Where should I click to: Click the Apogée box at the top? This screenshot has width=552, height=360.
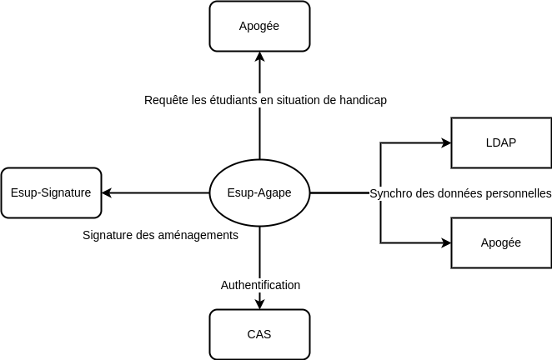[x=259, y=26]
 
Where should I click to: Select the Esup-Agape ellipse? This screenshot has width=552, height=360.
[x=259, y=192]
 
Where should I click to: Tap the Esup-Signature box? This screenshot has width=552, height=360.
[x=51, y=192]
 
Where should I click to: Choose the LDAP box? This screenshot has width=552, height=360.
[x=500, y=142]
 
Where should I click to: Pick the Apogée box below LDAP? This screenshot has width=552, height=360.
[x=500, y=242]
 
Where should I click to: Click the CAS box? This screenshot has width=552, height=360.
[x=259, y=334]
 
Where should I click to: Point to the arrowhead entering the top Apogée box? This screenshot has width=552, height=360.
[x=259, y=57]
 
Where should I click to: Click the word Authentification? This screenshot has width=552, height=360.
[x=260, y=285]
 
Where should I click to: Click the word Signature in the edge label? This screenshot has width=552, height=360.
[x=108, y=235]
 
